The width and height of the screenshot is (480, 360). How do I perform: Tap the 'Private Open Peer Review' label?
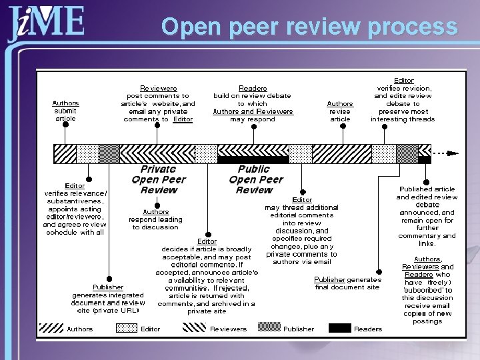tap(159, 180)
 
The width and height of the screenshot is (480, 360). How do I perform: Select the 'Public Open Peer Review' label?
tap(255, 180)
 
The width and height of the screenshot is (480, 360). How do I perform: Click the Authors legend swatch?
tap(51, 328)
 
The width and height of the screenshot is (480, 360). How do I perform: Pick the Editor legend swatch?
tap(127, 328)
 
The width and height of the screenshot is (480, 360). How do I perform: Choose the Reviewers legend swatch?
tap(194, 328)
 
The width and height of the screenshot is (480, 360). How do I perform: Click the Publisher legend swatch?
tap(269, 328)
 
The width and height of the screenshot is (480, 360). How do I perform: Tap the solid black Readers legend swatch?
tap(339, 328)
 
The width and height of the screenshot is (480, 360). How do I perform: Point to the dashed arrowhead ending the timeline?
tap(453, 153)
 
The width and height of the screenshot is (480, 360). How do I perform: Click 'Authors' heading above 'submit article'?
tap(65, 103)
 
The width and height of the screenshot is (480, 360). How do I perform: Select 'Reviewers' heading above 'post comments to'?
tap(159, 88)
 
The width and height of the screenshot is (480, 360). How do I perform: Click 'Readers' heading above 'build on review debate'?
tap(253, 88)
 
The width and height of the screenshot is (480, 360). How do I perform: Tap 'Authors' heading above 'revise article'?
tap(340, 104)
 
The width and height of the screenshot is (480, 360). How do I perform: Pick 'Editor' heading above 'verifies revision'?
tap(404, 81)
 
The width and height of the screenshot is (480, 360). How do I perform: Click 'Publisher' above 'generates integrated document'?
tap(107, 287)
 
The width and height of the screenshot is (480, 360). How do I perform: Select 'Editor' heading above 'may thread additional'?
tap(302, 200)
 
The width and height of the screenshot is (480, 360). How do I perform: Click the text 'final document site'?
tap(347, 287)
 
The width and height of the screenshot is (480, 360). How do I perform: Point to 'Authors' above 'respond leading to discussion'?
tap(156, 212)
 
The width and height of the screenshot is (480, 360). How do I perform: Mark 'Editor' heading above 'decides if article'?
tap(207, 241)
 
